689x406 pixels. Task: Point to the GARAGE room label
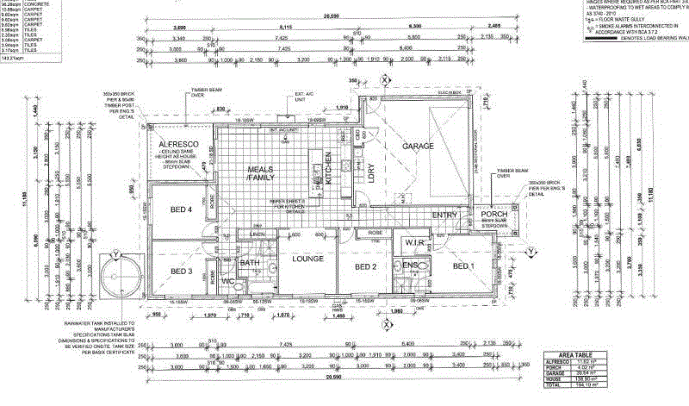[417, 147]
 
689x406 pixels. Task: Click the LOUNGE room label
[307, 259]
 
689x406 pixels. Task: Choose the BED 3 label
[181, 272]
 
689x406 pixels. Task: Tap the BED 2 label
[368, 267]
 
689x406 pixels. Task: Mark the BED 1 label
[463, 266]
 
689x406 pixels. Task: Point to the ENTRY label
[444, 215]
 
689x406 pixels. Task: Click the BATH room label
[250, 263]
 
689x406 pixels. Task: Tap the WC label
[227, 282]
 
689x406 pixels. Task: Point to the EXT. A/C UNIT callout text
[302, 95]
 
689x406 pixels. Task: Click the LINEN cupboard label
[258, 234]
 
